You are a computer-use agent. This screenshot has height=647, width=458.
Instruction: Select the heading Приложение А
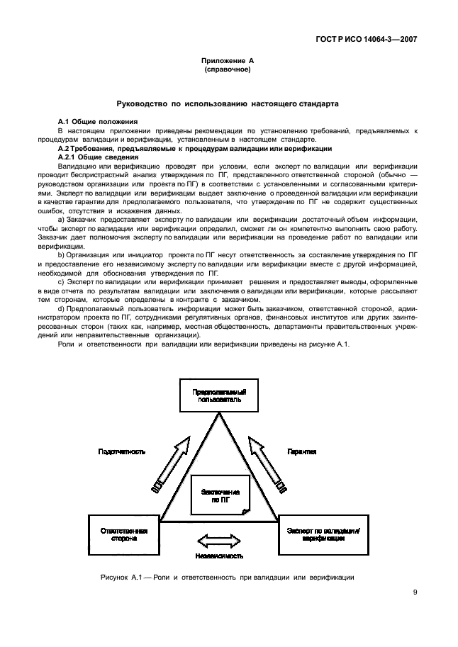coord(228,62)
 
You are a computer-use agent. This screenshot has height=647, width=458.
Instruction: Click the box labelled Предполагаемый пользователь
coord(219,394)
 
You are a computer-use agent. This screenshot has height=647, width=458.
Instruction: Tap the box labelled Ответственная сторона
coord(123,534)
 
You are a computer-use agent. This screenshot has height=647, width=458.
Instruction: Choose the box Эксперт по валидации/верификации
coord(323,534)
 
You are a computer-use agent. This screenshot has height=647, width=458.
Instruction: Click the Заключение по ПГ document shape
coord(220,495)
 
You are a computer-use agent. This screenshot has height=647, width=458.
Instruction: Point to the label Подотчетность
coord(122,451)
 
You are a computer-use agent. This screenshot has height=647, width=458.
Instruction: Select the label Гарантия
coord(301,451)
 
